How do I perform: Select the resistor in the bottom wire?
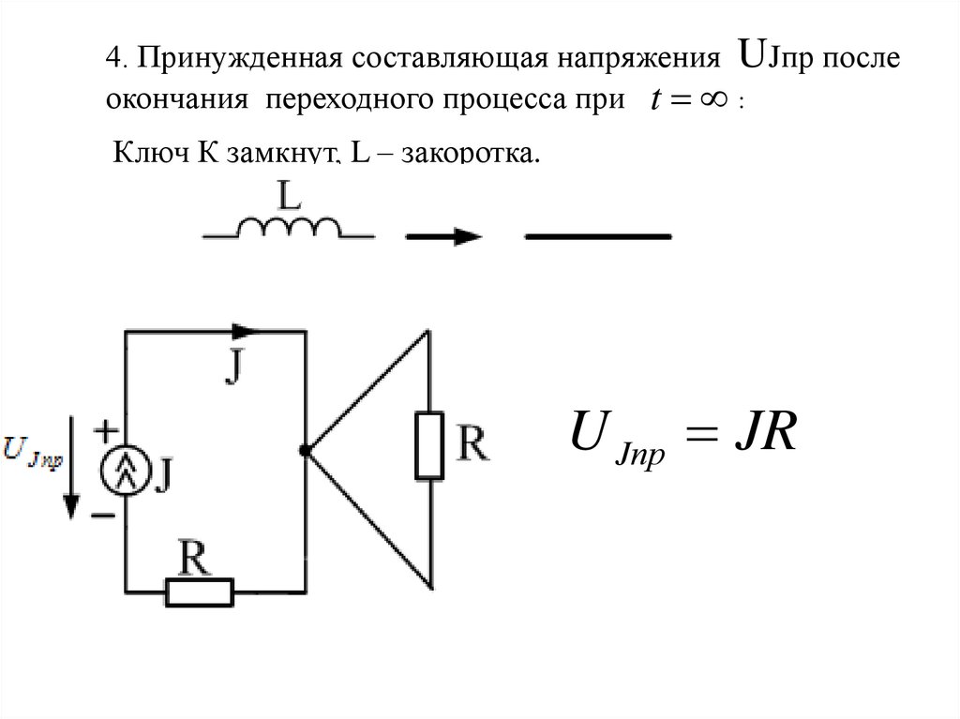pos(200,592)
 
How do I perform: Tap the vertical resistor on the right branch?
pos(429,445)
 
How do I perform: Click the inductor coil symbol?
pos(291,227)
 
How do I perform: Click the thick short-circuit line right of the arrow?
pos(598,236)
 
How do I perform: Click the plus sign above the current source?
pos(106,431)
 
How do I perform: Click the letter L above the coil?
pos(290,195)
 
